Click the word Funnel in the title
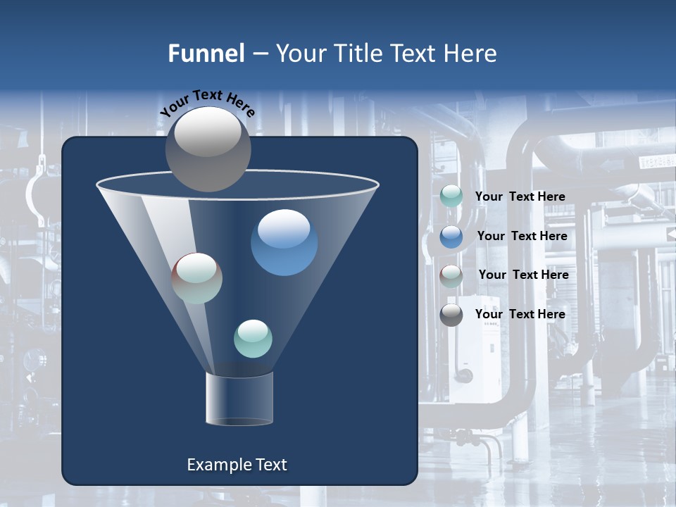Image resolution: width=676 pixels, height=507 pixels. [x=206, y=54]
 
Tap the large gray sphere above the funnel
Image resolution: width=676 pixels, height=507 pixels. [x=208, y=149]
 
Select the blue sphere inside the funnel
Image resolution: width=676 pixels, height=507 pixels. [x=284, y=242]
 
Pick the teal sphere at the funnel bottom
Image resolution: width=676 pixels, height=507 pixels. [x=253, y=338]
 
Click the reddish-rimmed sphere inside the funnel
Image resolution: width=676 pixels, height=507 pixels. [x=197, y=278]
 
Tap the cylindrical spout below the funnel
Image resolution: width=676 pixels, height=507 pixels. [x=239, y=399]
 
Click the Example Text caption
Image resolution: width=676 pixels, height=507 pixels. [x=237, y=465]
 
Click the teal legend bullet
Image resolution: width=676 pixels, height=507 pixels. [x=451, y=196]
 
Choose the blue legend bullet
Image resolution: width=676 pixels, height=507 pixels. [x=451, y=237]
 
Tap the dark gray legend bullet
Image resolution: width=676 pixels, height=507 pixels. [x=451, y=315]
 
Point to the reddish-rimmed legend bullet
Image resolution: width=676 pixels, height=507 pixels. [x=451, y=276]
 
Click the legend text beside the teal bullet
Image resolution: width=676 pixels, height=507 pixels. [x=520, y=197]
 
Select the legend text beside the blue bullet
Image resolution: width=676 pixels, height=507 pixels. [x=522, y=237]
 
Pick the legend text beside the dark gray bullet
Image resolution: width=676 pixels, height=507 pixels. [x=520, y=314]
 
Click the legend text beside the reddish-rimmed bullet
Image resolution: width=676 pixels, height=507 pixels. [x=523, y=275]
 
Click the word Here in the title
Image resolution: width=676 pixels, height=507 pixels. [x=470, y=54]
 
